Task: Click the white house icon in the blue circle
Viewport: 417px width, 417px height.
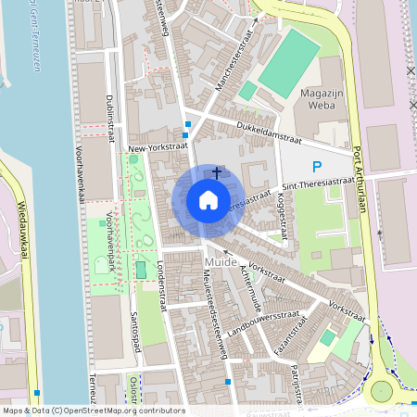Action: coord(208,200)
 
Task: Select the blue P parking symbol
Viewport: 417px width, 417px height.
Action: coord(317,168)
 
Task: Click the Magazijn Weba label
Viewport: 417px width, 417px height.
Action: coord(323,100)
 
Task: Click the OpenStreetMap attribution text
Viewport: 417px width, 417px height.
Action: coord(93,410)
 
